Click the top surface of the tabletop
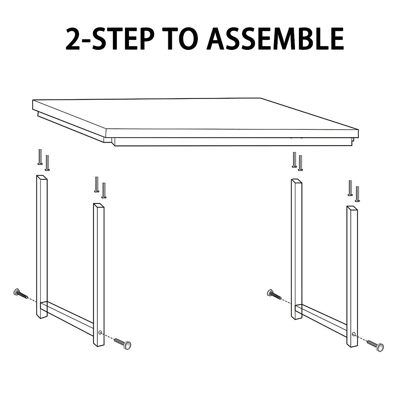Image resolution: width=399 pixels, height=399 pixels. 186,113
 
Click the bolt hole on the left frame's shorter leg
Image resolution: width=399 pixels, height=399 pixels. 100,332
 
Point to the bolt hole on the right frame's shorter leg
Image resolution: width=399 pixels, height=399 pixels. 354,333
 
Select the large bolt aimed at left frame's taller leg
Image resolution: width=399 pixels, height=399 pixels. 20,294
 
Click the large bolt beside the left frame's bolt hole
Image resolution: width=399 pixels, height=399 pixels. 123,343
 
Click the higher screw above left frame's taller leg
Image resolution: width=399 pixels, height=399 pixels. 40,157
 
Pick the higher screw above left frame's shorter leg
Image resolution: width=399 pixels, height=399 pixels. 97,184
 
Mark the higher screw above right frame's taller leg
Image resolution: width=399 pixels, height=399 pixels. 294,160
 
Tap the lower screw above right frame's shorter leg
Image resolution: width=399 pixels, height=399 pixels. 357,194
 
